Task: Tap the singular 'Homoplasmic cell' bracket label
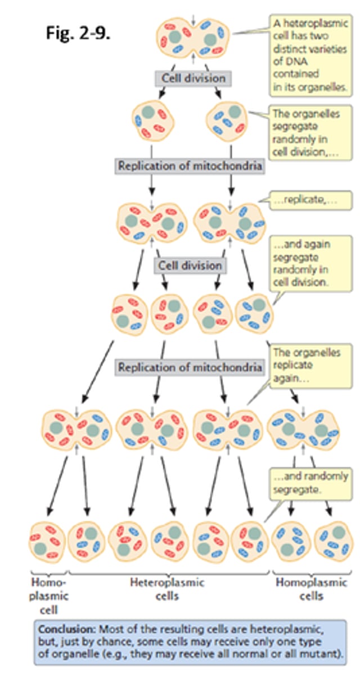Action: (x=47, y=594)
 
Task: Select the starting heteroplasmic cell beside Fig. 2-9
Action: (x=193, y=39)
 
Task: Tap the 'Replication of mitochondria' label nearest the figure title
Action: (x=190, y=166)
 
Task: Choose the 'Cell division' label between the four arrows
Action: (x=189, y=265)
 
